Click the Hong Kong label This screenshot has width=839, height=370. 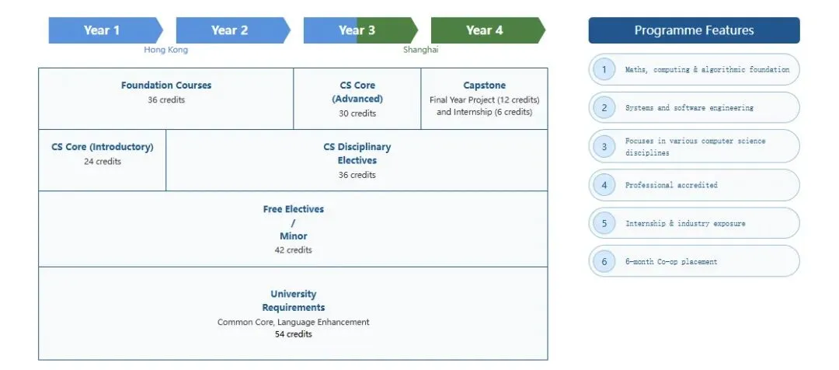pyautogui.click(x=165, y=50)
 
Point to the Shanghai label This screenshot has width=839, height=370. pyautogui.click(x=420, y=50)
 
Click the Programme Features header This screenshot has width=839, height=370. pyautogui.click(x=694, y=30)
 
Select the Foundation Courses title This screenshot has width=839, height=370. pyautogui.click(x=166, y=86)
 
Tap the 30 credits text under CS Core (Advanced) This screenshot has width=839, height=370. pyautogui.click(x=357, y=113)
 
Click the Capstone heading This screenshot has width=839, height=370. pyautogui.click(x=484, y=86)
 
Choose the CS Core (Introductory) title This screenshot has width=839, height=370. pyautogui.click(x=103, y=147)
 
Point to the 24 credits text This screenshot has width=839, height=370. pyautogui.click(x=103, y=162)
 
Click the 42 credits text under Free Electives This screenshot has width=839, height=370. pyautogui.click(x=293, y=250)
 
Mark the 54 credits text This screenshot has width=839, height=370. pyautogui.click(x=293, y=334)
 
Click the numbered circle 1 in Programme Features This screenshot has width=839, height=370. pyautogui.click(x=604, y=69)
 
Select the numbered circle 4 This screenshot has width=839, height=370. pyautogui.click(x=604, y=185)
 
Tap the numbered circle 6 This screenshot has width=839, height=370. pyautogui.click(x=604, y=261)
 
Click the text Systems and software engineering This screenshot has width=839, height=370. pyautogui.click(x=689, y=108)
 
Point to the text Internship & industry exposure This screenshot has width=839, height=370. pyautogui.click(x=684, y=223)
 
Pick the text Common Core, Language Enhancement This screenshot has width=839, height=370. pyautogui.click(x=293, y=322)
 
